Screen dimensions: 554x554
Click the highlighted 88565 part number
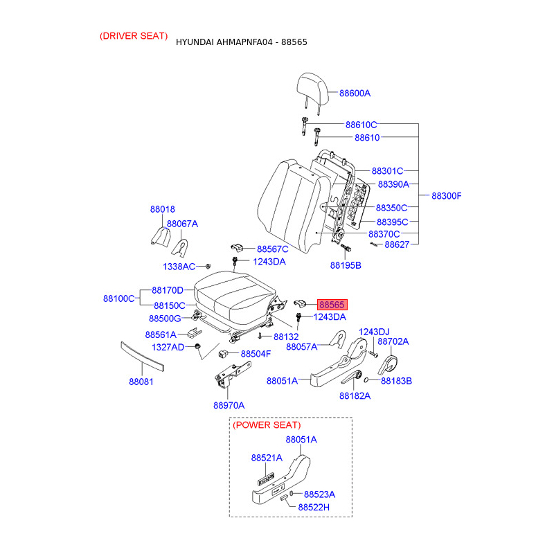pos(332,305)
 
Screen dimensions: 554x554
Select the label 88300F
pos(446,196)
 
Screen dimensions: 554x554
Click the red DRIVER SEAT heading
pos(134,36)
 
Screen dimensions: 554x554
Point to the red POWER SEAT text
pos(267,425)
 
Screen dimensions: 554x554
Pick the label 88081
pos(141,382)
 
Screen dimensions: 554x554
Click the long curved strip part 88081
pos(142,356)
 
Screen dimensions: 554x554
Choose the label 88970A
pos(229,405)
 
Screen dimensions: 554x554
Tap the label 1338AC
pos(179,267)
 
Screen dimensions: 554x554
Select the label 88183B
pos(396,381)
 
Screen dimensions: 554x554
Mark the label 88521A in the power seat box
pos(267,458)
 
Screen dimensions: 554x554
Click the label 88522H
pos(314,508)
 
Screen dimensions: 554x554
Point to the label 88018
pos(163,209)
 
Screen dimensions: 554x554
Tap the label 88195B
pos(346,265)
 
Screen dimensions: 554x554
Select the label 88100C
pos(118,298)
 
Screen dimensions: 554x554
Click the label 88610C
pos(361,125)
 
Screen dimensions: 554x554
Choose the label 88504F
pos(256,354)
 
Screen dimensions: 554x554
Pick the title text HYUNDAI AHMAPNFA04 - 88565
pos(241,42)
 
